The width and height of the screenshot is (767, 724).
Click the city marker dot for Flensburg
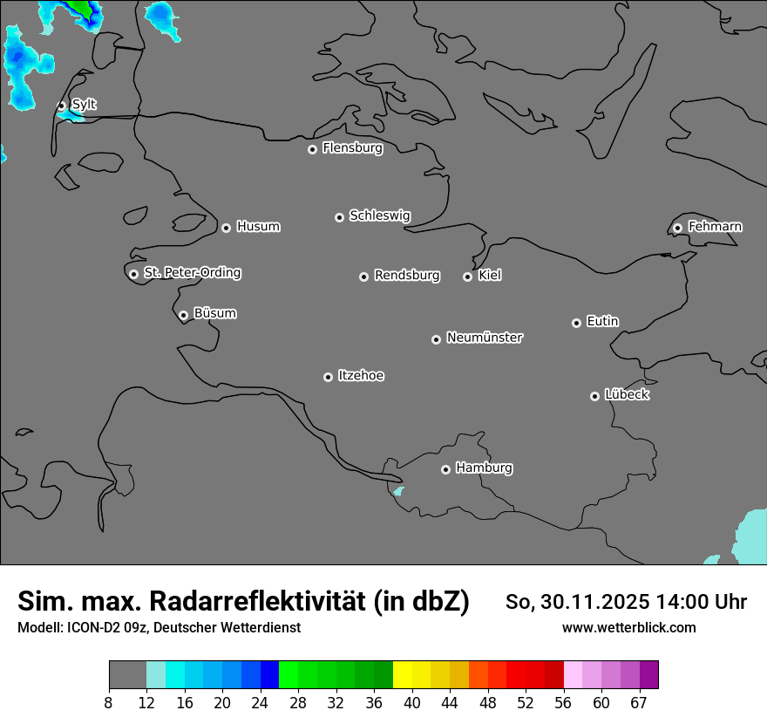[312, 149]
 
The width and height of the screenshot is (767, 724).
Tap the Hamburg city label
[484, 468]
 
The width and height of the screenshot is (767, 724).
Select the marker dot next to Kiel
[467, 277]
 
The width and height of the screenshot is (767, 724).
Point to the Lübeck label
[627, 395]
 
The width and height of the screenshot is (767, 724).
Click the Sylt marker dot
[62, 106]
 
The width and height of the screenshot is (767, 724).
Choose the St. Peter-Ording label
[192, 273]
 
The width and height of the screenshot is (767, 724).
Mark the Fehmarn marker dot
[677, 228]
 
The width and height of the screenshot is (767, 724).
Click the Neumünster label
[485, 338]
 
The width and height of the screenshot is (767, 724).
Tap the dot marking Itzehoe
[328, 377]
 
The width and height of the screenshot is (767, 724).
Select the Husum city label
[258, 227]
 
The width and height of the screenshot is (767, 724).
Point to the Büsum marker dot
[183, 315]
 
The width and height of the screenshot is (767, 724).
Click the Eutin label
[602, 322]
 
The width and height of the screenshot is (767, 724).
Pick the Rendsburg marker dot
[363, 277]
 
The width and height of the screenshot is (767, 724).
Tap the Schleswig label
[379, 215]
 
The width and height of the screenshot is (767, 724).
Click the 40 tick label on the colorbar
[411, 703]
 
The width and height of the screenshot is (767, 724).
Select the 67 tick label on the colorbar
[639, 703]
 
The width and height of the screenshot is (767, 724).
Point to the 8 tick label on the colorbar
[108, 703]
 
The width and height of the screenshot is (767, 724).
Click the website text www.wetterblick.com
[628, 627]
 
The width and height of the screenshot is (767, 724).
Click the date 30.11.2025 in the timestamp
[594, 602]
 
